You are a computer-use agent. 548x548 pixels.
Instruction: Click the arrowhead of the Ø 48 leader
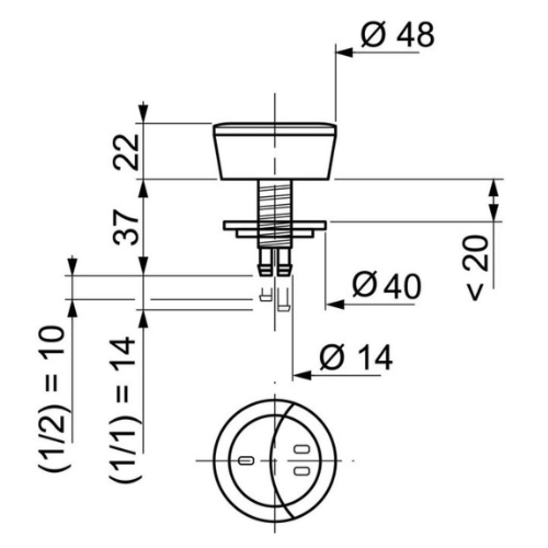pyautogui.click(x=344, y=53)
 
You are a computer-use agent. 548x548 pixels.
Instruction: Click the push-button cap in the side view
pyautogui.click(x=275, y=152)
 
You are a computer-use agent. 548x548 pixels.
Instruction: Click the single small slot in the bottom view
pyautogui.click(x=245, y=460)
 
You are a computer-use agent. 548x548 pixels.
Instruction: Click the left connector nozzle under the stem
pyautogui.click(x=266, y=262)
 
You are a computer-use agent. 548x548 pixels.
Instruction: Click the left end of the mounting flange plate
pyautogui.click(x=224, y=225)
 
